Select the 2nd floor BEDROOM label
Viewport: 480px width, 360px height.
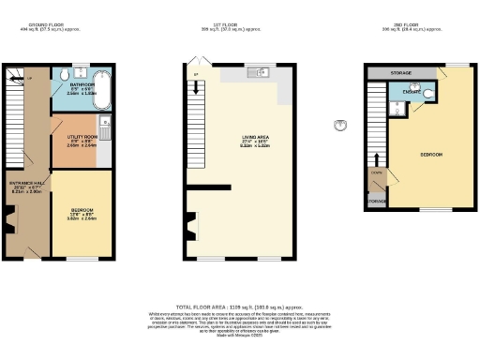[x=431, y=153]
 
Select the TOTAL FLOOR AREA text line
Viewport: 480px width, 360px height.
[x=241, y=307]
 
